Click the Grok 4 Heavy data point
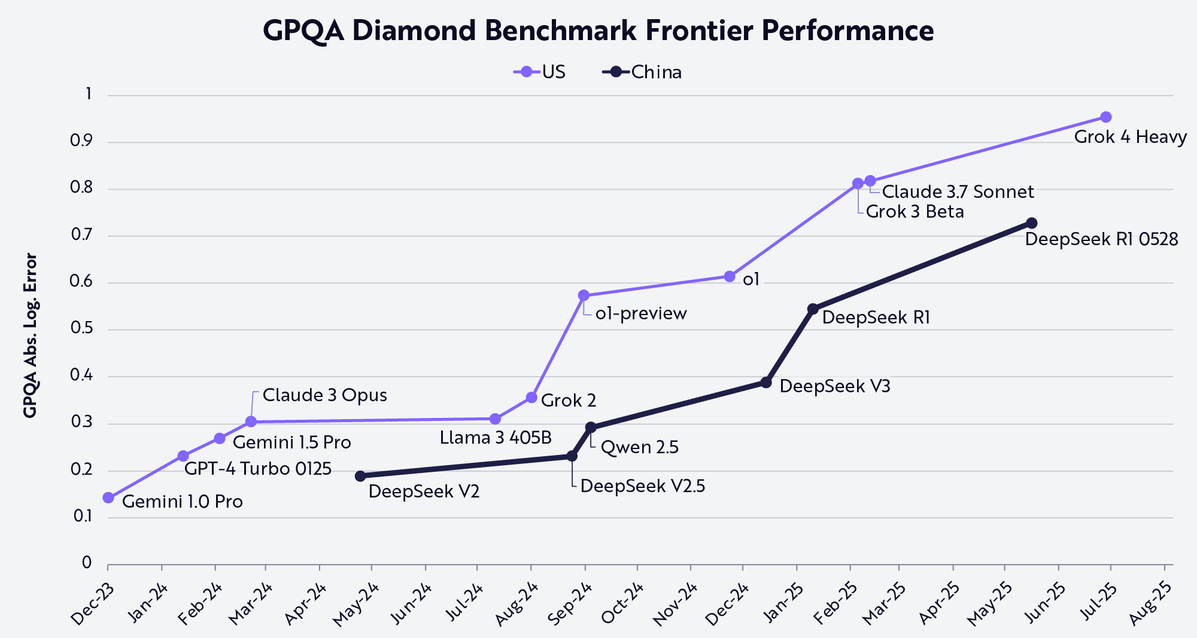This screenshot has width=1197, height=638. pyautogui.click(x=1106, y=117)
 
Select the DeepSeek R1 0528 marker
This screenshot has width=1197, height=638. pyautogui.click(x=1032, y=223)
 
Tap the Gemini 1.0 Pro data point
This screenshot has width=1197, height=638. pyautogui.click(x=108, y=497)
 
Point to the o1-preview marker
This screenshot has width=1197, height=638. pyautogui.click(x=584, y=295)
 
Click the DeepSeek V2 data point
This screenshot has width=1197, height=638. pyautogui.click(x=360, y=476)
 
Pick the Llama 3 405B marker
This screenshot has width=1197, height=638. pyautogui.click(x=495, y=419)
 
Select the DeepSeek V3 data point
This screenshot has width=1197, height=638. pyautogui.click(x=766, y=382)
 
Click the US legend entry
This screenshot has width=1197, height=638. pyautogui.click(x=540, y=72)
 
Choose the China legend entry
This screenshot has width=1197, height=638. pyautogui.click(x=643, y=72)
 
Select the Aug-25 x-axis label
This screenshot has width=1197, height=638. pyautogui.click(x=1150, y=604)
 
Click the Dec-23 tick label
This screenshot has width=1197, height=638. pyautogui.click(x=93, y=604)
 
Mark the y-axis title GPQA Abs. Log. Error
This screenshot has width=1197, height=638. pyautogui.click(x=31, y=335)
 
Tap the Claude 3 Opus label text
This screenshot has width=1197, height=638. pyautogui.click(x=324, y=395)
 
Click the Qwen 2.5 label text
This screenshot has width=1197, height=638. pyautogui.click(x=639, y=447)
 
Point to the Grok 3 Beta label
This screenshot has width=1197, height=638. pyautogui.click(x=915, y=212)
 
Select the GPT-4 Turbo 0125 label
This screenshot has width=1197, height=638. pyautogui.click(x=258, y=468)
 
